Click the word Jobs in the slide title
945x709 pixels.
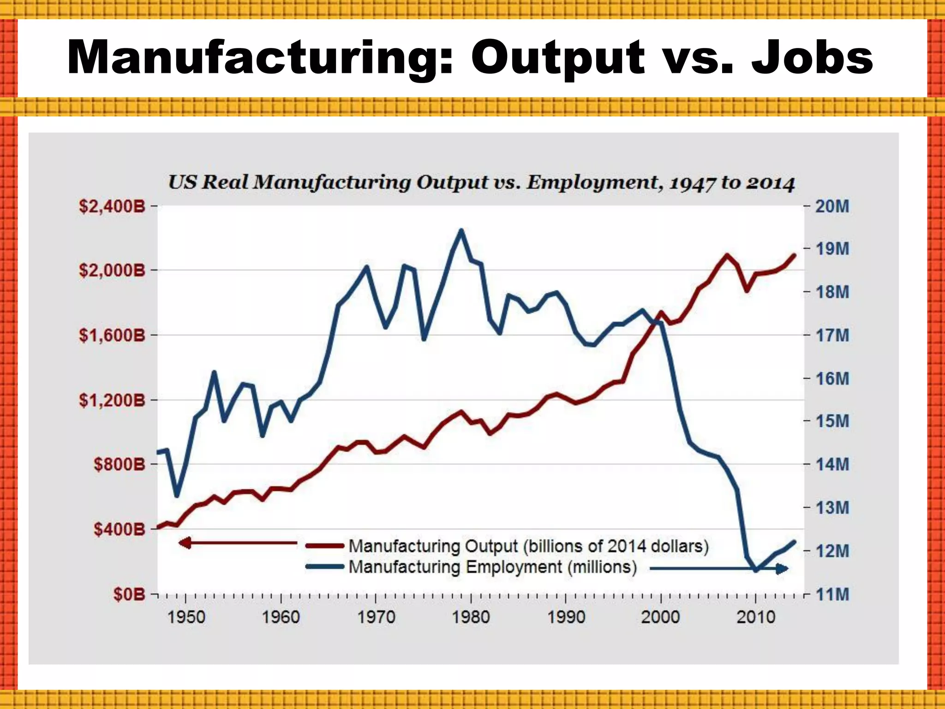tap(812, 58)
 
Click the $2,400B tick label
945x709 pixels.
tap(112, 206)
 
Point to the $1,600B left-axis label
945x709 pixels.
tap(112, 335)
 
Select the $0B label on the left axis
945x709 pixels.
tap(129, 594)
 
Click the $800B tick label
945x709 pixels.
tap(120, 464)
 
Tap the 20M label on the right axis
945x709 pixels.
tap(832, 206)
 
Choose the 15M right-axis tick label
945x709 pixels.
tap(832, 421)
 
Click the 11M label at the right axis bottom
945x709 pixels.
tap(832, 594)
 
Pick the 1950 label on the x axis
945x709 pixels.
tap(186, 617)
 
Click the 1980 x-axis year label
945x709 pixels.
tap(471, 617)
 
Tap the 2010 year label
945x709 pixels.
tap(756, 617)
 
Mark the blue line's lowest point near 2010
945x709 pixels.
tap(756, 571)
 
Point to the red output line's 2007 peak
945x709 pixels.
tap(727, 255)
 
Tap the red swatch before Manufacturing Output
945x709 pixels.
tap(325, 546)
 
